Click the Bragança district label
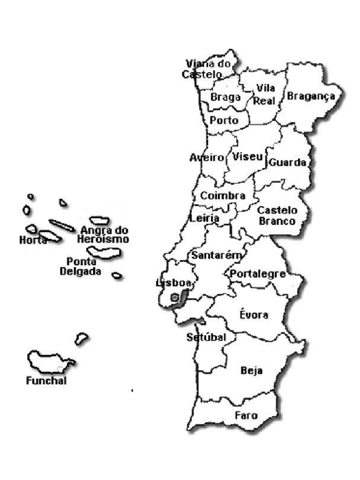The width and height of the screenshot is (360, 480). click(311, 97)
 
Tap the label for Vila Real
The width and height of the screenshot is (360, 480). click(265, 94)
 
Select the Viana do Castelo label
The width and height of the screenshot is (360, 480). click(206, 69)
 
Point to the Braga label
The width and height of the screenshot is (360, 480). click(225, 97)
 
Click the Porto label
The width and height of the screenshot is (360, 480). click(224, 120)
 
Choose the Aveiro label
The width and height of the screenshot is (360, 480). click(207, 158)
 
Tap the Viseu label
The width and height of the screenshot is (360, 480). click(247, 157)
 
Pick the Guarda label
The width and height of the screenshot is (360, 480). click(287, 163)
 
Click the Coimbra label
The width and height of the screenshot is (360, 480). click(223, 195)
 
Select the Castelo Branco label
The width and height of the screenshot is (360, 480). click(277, 216)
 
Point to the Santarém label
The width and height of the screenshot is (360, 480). click(216, 256)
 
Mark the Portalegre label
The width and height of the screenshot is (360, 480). click(257, 274)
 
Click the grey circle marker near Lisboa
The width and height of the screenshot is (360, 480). click(174, 297)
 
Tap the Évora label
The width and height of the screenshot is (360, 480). click(254, 315)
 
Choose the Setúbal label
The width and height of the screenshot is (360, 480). click(206, 337)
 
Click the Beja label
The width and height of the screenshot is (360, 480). click(251, 371)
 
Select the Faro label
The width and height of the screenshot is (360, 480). click(246, 415)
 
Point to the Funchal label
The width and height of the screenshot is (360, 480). click(46, 381)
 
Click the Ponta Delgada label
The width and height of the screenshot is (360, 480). click(81, 266)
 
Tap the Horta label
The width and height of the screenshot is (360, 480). click(33, 240)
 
